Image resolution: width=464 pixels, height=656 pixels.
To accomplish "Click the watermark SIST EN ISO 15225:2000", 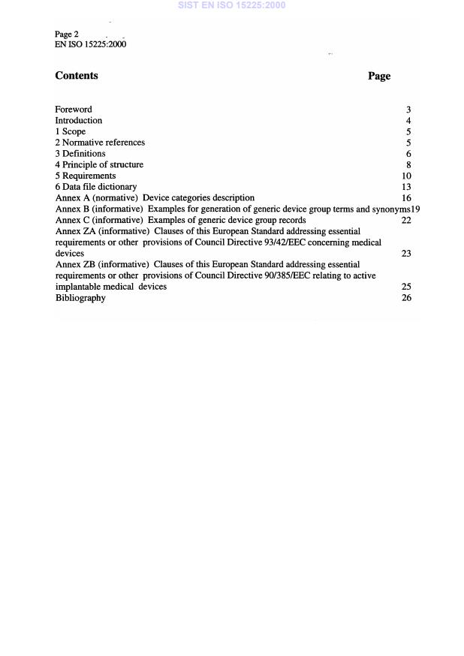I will [x=232, y=5].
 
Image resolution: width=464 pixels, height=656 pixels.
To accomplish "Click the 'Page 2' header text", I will [x=67, y=35].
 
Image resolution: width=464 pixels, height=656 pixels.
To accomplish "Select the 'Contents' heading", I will [x=77, y=76].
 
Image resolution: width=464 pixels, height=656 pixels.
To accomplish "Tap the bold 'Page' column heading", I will [x=379, y=76].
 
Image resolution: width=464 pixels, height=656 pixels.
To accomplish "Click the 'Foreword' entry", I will [x=74, y=110].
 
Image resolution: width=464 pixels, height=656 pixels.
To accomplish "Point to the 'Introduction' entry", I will [x=79, y=121].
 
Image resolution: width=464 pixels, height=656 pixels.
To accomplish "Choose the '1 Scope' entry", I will [x=71, y=132].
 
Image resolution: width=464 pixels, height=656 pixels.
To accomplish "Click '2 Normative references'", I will [x=100, y=143].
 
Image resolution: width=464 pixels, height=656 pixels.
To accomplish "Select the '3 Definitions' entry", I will [x=80, y=154].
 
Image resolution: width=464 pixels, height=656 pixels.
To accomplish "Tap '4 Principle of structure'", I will [x=99, y=165].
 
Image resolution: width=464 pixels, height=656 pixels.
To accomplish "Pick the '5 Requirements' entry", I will [x=86, y=176].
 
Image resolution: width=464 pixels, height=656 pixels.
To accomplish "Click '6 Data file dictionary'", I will [x=96, y=187].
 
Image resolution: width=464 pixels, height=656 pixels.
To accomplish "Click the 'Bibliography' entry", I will [x=80, y=298].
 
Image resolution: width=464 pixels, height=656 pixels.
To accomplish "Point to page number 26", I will [x=406, y=298].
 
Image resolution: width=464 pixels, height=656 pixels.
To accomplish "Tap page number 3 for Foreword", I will [x=408, y=110].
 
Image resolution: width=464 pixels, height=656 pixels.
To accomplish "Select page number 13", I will [x=406, y=187].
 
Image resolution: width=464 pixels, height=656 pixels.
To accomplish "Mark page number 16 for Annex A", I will [x=406, y=198].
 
